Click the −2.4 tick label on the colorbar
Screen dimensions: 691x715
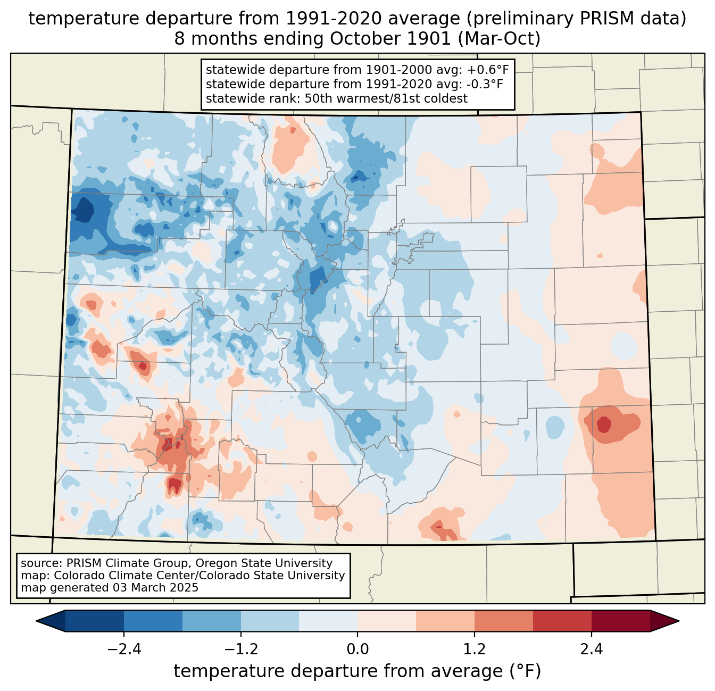(x=124, y=650)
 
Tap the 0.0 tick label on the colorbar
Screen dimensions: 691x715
(x=358, y=650)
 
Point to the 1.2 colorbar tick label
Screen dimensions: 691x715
(x=475, y=650)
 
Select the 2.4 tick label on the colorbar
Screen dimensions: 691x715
(x=591, y=650)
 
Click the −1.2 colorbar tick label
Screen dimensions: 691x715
(x=240, y=650)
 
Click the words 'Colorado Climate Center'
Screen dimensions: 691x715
(x=117, y=576)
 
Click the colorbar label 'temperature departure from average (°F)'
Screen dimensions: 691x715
(x=358, y=671)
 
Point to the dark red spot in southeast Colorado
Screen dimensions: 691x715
(x=604, y=424)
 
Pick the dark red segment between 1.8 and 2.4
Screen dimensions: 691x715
(x=562, y=621)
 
